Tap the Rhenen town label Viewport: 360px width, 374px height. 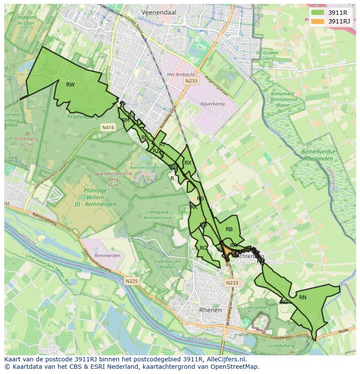[x=210, y=310]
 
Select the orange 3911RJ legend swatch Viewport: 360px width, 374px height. [x=318, y=21]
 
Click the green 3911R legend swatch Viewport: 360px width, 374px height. [x=318, y=13]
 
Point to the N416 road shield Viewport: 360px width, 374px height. [x=108, y=128]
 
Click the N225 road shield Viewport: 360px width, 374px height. [x=132, y=281]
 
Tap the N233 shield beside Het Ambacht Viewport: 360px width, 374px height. [x=191, y=81]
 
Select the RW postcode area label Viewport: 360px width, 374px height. [x=70, y=85]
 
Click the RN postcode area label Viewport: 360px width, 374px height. [x=303, y=298]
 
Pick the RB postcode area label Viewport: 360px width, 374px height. [x=229, y=229]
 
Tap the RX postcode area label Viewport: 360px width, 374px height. [x=188, y=163]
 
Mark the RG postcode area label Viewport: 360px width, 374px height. [x=284, y=302]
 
